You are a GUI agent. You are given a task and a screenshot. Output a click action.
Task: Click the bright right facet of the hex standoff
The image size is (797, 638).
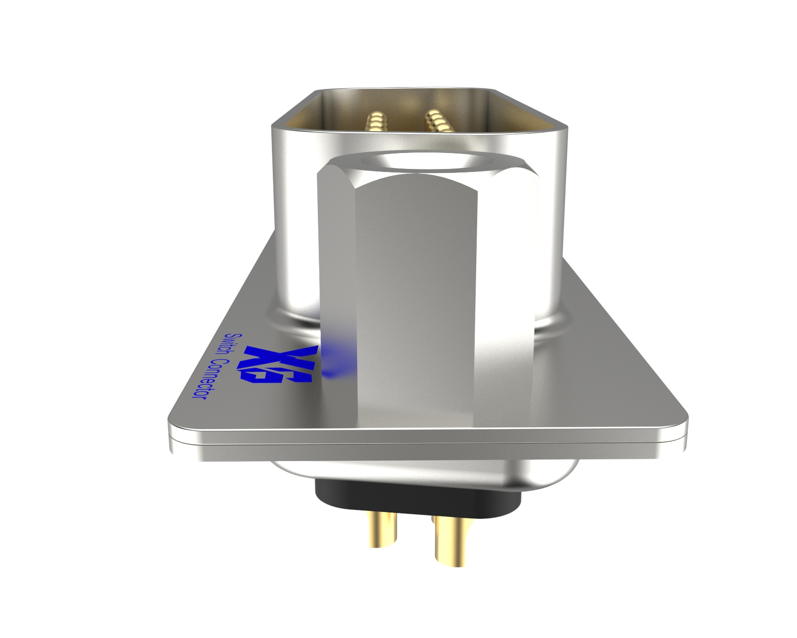click(506, 299)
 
